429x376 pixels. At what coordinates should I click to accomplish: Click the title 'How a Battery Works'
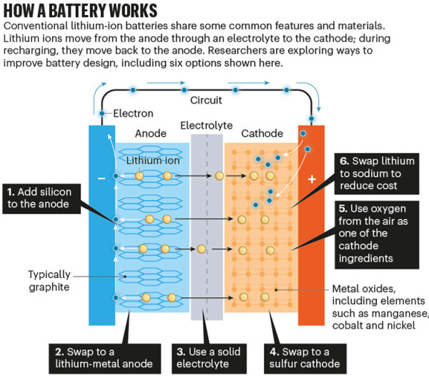coord(80,11)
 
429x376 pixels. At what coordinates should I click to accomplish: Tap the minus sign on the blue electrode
coord(102,178)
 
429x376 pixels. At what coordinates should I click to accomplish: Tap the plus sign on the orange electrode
coord(312,179)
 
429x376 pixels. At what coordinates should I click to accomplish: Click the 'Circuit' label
coord(206,100)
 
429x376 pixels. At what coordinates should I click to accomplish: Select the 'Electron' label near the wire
coord(133,113)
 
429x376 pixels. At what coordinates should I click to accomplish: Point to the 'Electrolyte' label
coord(207,125)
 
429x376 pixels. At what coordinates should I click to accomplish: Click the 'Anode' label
coord(151,133)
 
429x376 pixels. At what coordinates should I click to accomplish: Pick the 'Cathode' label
coord(262,133)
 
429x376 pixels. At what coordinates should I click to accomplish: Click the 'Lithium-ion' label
coord(153,160)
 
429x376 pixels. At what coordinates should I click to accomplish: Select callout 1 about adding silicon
coord(41,198)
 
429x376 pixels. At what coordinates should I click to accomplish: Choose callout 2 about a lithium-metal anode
coord(105,359)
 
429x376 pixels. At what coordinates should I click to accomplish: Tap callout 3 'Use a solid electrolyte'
coord(209,359)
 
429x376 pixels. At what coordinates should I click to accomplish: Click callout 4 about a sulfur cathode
coord(305,359)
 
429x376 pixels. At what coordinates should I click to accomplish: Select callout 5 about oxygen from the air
coord(377,235)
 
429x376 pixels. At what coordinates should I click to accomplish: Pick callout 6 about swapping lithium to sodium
coord(377,174)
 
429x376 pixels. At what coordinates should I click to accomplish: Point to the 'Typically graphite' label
coord(49,281)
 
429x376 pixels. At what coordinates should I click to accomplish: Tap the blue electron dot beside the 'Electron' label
coord(102,113)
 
